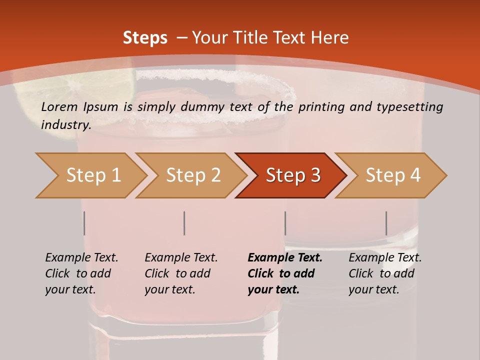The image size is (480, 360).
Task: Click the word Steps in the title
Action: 145,38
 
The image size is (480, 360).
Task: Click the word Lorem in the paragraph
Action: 59,106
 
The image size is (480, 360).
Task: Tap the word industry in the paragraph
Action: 66,124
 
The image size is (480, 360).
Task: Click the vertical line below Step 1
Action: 84,223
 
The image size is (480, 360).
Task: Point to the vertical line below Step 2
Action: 184,223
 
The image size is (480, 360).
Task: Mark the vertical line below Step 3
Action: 285,223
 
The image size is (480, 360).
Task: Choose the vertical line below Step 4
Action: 386,223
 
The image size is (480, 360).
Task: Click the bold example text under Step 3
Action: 285,273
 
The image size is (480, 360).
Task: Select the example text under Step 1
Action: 81,273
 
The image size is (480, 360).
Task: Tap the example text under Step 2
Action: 181,273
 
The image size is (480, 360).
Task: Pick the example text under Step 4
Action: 385,273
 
